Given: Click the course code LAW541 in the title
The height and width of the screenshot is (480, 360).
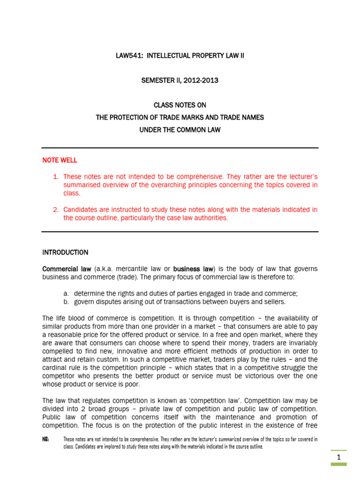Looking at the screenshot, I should point(129,56).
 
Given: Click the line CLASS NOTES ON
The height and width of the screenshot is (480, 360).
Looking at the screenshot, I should point(180,105).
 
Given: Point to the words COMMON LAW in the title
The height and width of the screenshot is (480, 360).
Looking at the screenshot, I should point(199,129).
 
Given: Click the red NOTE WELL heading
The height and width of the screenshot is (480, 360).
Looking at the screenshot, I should point(60,160).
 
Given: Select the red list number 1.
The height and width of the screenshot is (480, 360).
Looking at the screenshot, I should point(56,177).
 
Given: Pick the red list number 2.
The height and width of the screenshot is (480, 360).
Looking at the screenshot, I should point(56,210).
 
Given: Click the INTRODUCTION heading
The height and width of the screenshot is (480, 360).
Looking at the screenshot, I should point(65,252).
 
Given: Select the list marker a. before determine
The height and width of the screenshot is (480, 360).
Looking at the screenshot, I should point(66,293).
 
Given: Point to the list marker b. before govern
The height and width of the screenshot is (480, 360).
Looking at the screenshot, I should point(66,302).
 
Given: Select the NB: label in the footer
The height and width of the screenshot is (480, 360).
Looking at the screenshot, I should point(46,439).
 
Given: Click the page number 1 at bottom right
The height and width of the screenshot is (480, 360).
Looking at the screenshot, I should point(338,457).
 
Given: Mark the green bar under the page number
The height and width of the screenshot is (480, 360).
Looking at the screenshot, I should point(338,464).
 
